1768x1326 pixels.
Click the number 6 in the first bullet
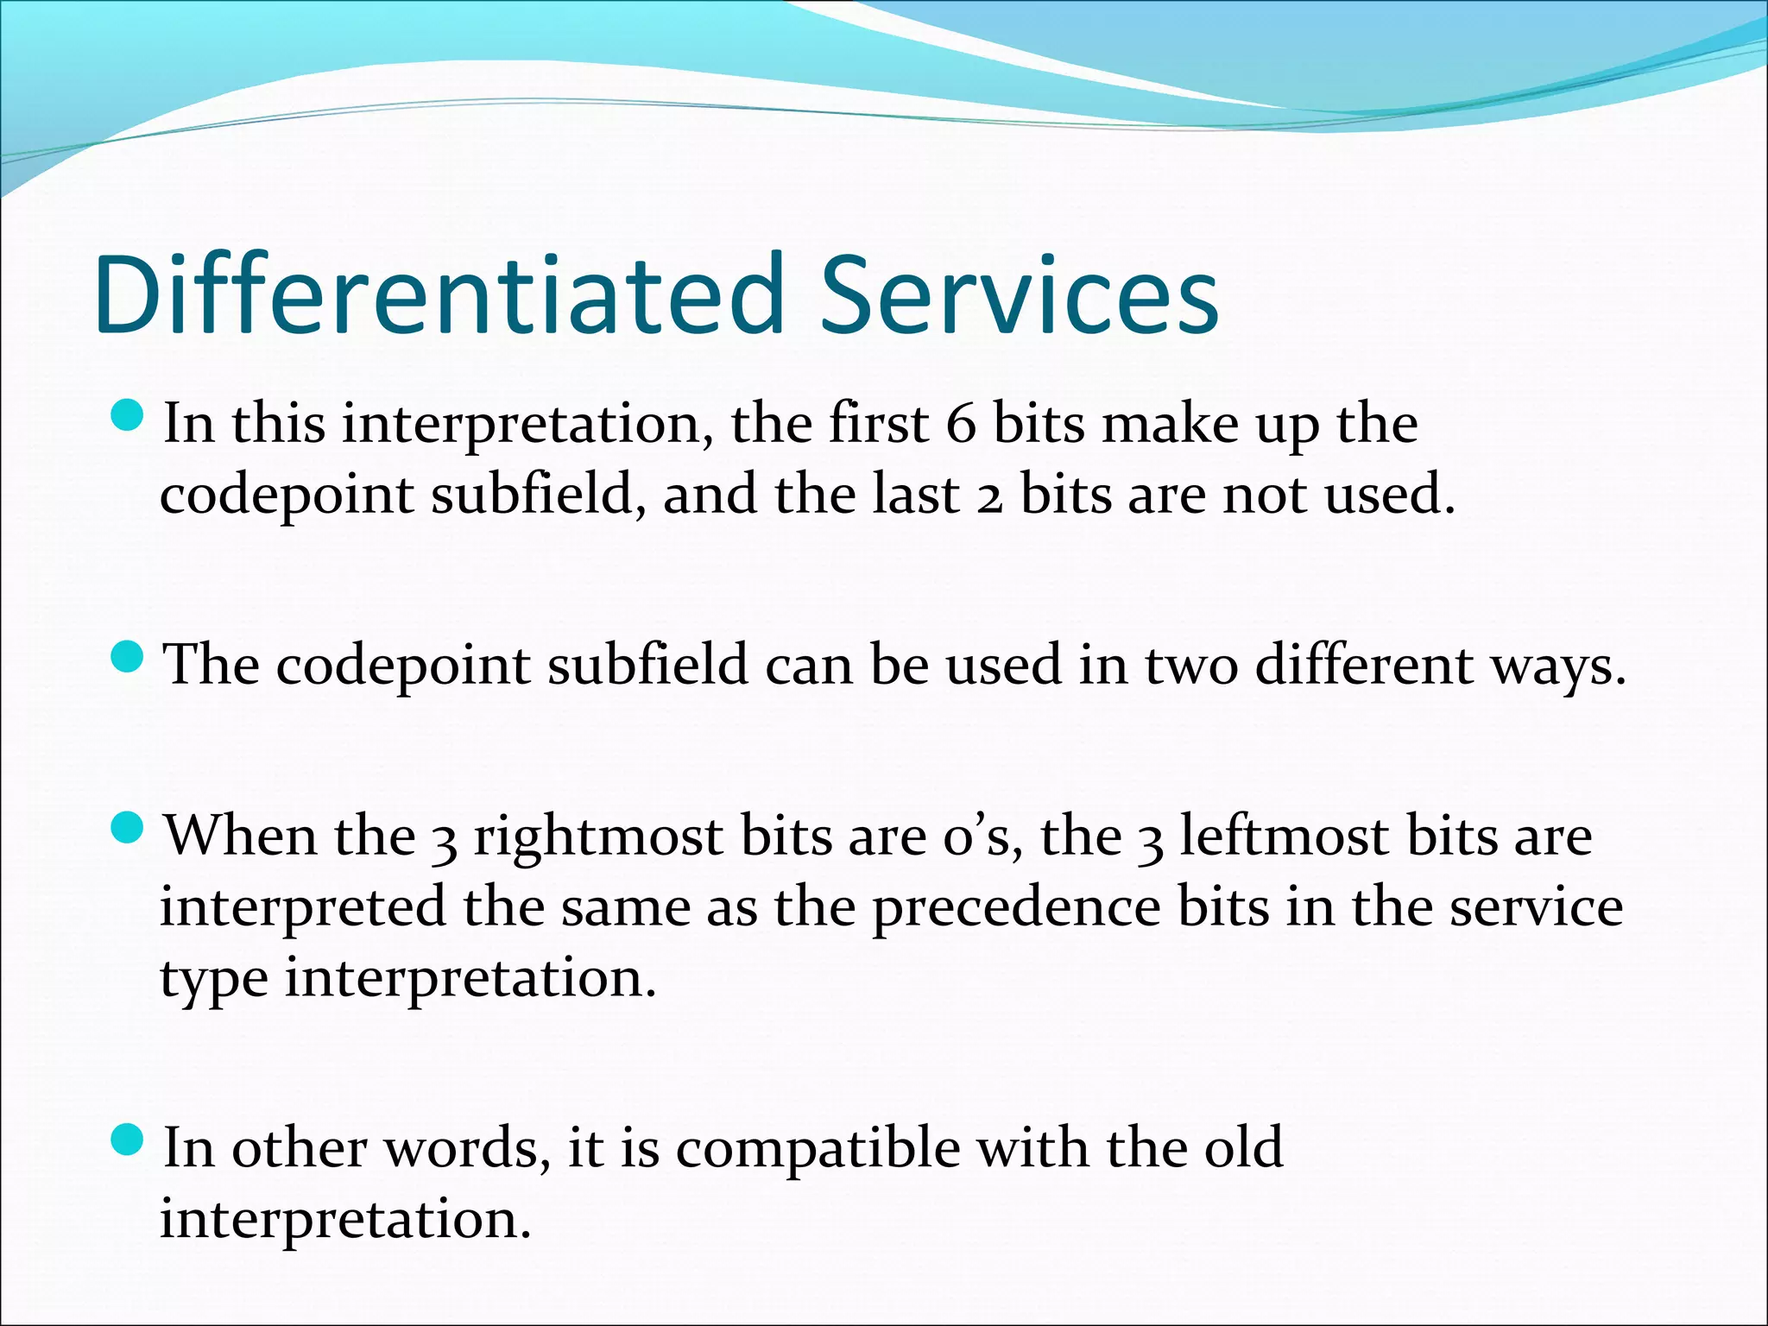tap(960, 425)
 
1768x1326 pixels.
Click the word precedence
tap(1016, 909)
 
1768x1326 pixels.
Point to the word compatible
tap(817, 1149)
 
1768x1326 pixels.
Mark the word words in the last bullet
tap(466, 1149)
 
